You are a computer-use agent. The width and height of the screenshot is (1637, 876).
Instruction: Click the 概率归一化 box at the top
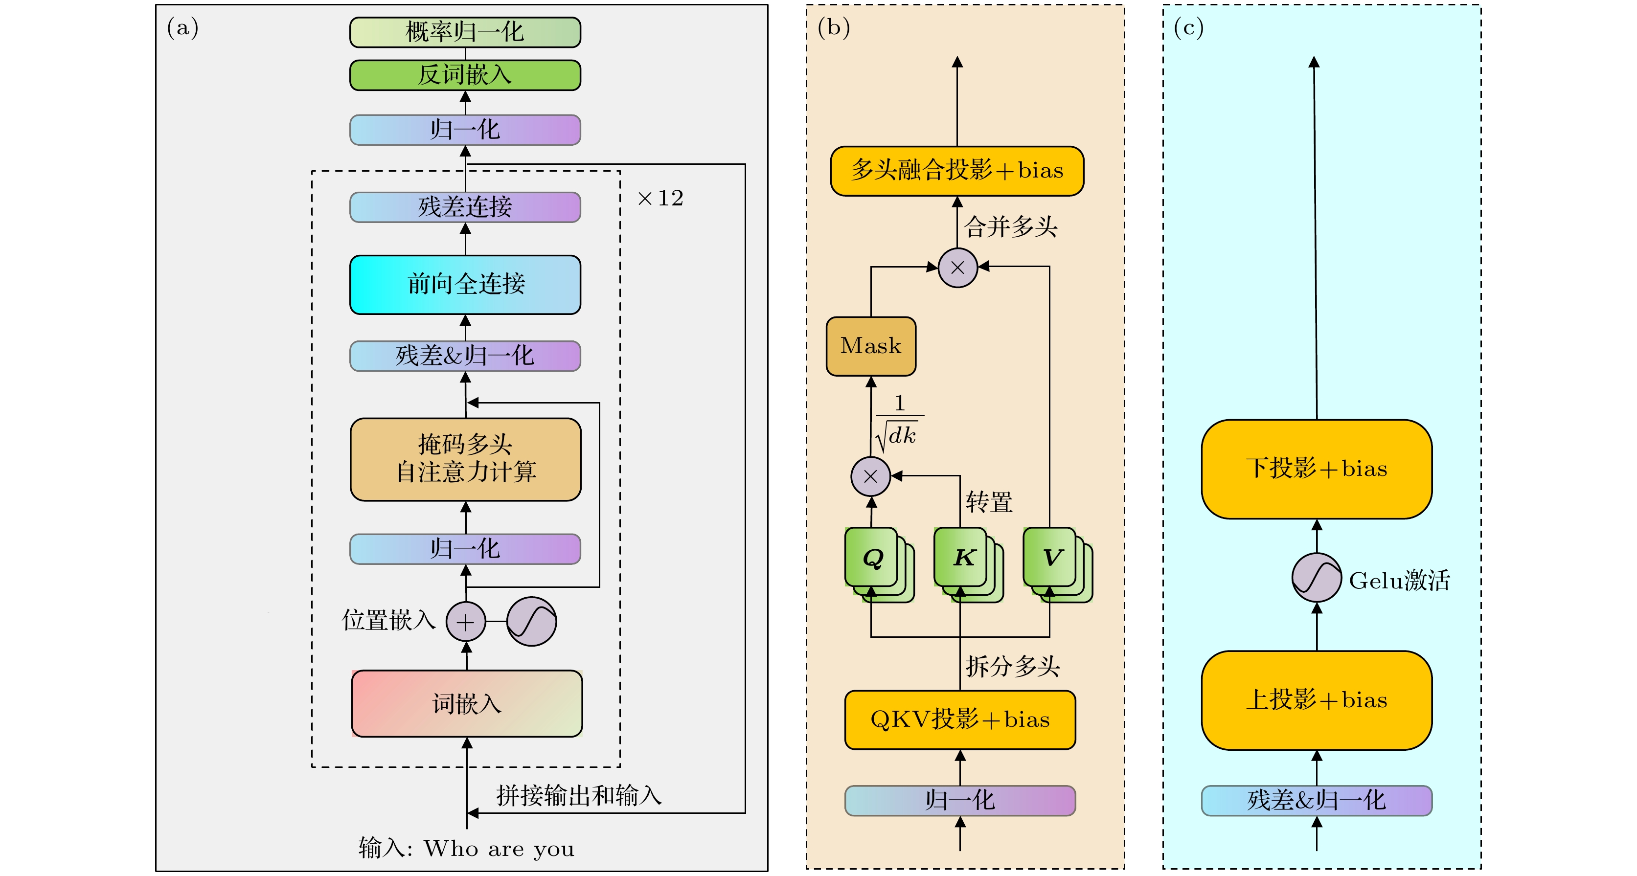click(465, 32)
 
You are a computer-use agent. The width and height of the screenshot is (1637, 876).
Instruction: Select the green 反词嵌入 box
click(465, 75)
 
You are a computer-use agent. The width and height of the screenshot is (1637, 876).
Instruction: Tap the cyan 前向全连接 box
click(465, 284)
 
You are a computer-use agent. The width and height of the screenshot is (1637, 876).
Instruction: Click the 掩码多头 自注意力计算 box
click(465, 459)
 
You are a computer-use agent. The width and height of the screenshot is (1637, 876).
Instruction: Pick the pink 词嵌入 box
click(466, 703)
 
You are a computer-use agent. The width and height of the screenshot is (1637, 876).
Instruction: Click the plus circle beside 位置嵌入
click(465, 621)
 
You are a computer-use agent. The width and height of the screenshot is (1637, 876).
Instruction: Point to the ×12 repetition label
click(660, 198)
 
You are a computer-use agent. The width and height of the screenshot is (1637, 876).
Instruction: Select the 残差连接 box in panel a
click(465, 207)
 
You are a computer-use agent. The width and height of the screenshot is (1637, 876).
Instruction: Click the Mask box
click(871, 346)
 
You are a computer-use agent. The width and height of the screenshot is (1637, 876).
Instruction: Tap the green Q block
click(872, 558)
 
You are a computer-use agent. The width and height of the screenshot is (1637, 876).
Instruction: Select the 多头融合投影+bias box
click(957, 170)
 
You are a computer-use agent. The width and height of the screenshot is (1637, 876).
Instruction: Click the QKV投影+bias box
click(959, 720)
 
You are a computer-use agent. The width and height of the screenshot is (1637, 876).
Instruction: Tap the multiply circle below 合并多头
click(957, 268)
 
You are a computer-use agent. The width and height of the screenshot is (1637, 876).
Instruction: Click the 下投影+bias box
click(1316, 469)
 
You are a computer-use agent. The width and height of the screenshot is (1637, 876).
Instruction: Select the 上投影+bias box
click(1316, 700)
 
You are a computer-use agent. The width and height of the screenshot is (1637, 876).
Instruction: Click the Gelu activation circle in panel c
click(1316, 578)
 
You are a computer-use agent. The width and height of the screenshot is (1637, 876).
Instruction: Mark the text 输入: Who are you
click(466, 849)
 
